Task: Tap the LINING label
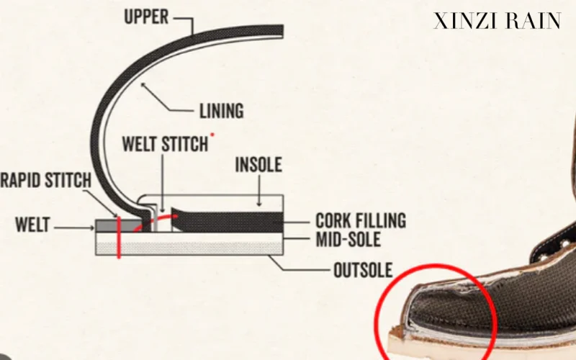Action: click(221, 111)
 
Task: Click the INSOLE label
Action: click(258, 165)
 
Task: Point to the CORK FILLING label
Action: click(360, 220)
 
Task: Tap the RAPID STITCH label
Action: click(44, 180)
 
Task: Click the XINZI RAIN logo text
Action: click(497, 21)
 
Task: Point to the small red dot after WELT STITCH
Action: click(213, 135)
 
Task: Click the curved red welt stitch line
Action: click(162, 218)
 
